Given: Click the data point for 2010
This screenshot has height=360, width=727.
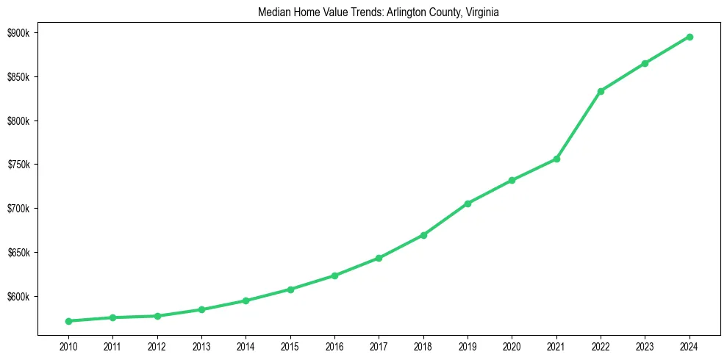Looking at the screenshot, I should pyautogui.click(x=68, y=321).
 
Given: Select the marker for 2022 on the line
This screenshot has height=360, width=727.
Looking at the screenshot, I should pyautogui.click(x=601, y=91).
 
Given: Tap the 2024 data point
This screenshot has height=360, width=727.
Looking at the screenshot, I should pyautogui.click(x=690, y=37).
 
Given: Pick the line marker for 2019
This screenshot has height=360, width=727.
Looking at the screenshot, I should pyautogui.click(x=468, y=204).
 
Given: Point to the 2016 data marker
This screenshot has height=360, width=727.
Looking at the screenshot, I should pyautogui.click(x=334, y=276).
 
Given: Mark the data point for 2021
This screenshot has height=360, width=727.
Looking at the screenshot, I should pyautogui.click(x=556, y=159).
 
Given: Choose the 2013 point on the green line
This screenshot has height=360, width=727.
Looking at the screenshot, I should pyautogui.click(x=201, y=309).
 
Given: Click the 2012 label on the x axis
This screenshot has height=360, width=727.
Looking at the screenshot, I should pyautogui.click(x=157, y=345).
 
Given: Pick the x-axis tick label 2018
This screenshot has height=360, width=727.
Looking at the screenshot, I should pyautogui.click(x=423, y=345).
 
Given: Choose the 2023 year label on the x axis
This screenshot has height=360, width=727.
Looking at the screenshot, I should pyautogui.click(x=645, y=345).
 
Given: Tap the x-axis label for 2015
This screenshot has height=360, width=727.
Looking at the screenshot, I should pyautogui.click(x=290, y=345).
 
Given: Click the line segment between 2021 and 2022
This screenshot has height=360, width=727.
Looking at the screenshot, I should pyautogui.click(x=579, y=125).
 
